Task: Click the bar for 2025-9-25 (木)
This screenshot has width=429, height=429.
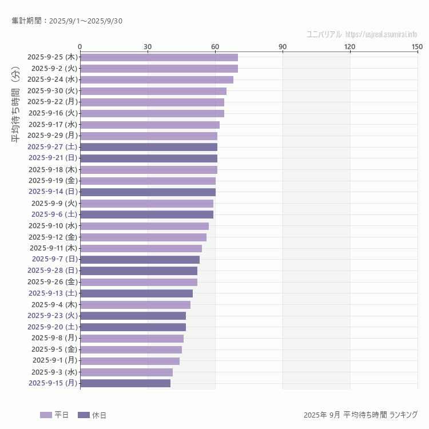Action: click(158, 57)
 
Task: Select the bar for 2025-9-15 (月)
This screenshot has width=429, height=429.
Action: click(125, 383)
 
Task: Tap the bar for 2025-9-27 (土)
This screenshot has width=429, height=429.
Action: click(149, 147)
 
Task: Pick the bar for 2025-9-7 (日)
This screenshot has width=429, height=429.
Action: click(140, 259)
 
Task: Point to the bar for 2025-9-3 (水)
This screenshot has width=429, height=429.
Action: click(126, 372)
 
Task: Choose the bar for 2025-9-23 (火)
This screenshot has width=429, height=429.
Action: click(133, 316)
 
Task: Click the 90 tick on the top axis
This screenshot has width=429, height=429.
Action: click(283, 46)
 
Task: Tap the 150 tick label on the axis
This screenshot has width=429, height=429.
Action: click(417, 46)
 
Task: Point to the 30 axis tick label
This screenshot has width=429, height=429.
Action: click(148, 46)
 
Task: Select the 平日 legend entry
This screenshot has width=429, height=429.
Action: click(54, 415)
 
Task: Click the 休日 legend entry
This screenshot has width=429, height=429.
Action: click(92, 415)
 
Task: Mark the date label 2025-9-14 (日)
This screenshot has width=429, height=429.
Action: click(53, 192)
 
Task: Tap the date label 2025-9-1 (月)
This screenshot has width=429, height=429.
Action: click(55, 360)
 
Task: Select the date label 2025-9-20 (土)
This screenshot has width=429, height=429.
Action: click(53, 327)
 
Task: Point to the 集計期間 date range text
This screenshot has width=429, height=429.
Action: click(67, 21)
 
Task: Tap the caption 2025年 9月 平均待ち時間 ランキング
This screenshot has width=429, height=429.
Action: click(360, 415)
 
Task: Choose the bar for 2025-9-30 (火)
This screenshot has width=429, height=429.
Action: click(153, 91)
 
